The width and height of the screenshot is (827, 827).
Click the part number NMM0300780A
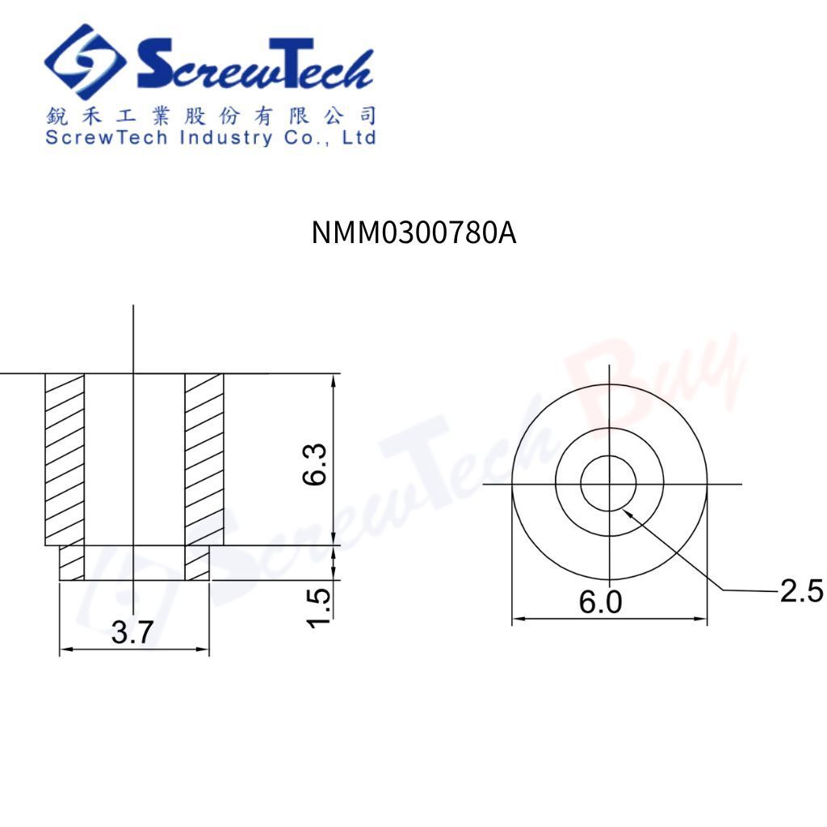coord(413,233)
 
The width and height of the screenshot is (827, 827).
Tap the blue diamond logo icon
coord(85,62)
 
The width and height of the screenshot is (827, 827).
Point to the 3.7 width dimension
coord(132,632)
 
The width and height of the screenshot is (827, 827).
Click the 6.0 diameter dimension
coord(602,602)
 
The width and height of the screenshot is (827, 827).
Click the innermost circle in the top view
coord(608,484)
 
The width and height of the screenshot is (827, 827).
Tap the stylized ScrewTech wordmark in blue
coord(254,65)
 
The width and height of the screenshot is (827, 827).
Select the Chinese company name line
coord(211,115)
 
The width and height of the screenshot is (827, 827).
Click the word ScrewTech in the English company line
coord(107,137)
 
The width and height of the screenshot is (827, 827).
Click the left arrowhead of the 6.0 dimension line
coord(518,619)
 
